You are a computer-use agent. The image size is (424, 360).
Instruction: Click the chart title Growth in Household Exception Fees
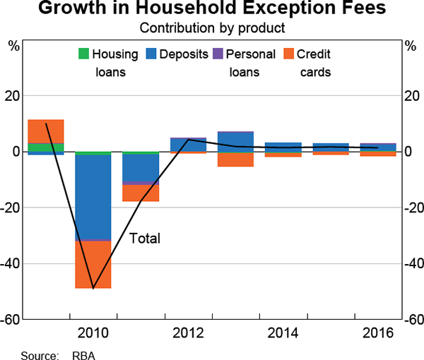212,10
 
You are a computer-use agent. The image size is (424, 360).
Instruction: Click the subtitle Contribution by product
211,28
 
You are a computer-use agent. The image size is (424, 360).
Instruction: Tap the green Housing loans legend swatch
83,54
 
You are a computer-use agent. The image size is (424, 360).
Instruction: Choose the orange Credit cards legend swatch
288,54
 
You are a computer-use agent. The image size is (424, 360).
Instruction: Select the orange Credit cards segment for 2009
46,131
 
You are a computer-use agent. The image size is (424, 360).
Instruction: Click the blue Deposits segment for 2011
141,169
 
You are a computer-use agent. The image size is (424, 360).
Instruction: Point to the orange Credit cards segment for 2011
141,193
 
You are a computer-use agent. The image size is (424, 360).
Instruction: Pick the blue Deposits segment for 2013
235,142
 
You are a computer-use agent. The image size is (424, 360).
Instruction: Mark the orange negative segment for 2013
235,160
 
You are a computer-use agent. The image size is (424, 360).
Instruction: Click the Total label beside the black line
146,239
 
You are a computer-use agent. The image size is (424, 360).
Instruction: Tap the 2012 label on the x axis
188,332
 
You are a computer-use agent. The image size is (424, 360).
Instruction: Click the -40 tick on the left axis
13,263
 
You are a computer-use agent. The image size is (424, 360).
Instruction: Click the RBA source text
83,355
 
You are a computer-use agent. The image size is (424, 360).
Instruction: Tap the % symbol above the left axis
13,46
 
